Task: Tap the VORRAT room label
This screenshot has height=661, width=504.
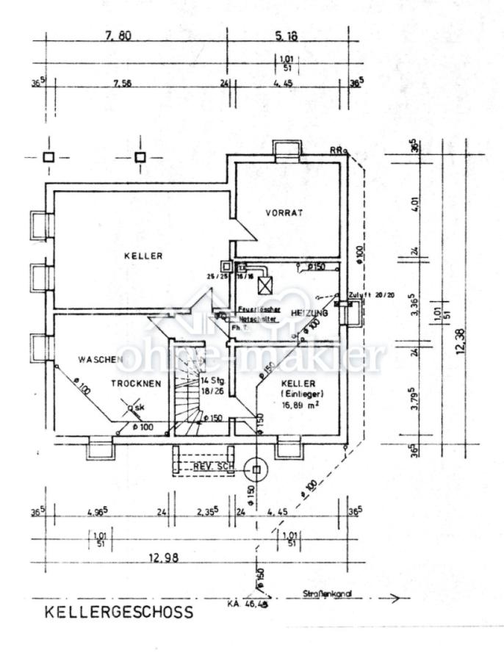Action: click(x=284, y=212)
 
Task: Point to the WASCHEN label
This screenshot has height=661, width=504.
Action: click(x=100, y=359)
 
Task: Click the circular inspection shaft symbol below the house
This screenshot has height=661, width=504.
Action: click(x=257, y=467)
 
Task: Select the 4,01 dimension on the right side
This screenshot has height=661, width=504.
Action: click(x=415, y=204)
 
